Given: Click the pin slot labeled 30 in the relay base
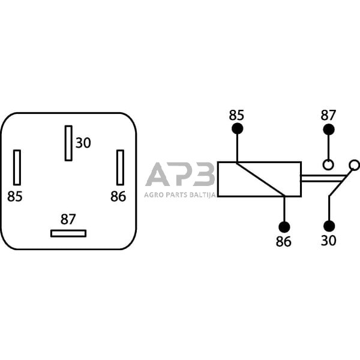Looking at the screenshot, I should (68, 143).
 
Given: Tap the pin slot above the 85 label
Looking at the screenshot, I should (17, 167).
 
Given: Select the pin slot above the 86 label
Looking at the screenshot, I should (120, 167).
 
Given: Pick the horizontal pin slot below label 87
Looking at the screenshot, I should (68, 233).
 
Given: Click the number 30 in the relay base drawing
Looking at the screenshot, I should (83, 143).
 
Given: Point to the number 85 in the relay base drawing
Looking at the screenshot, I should (15, 196).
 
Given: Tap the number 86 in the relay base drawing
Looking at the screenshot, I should (118, 196).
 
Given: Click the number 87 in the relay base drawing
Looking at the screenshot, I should (68, 218).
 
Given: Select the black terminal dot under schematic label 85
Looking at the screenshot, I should (237, 129).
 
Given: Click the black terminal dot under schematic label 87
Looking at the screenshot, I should (328, 129).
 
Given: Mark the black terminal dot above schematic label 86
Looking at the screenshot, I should (283, 227).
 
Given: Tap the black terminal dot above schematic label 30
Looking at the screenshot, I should (329, 226).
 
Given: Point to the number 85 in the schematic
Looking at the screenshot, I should (237, 115).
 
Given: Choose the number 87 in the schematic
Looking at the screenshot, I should (328, 115).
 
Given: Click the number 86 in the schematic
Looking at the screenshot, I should (283, 241).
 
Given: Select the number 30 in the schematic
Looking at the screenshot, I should (329, 241).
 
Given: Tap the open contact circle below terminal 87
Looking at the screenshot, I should (328, 164).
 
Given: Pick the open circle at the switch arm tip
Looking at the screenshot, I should (354, 164).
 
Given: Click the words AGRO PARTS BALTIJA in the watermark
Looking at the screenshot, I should (180, 194).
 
